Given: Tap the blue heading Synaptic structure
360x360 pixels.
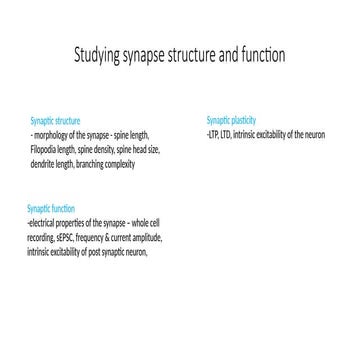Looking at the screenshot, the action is (55, 119).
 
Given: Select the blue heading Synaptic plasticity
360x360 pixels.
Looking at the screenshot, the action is (231, 119).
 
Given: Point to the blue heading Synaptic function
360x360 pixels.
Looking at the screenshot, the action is (51, 208).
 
